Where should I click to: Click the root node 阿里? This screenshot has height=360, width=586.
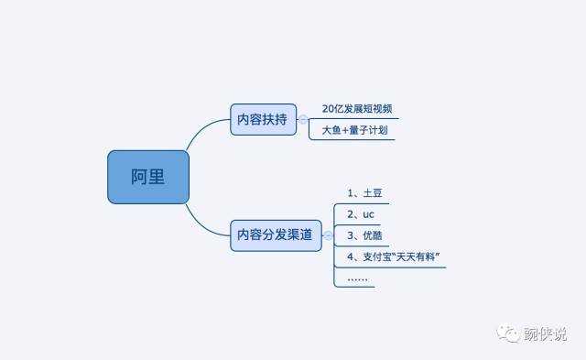click(x=148, y=177)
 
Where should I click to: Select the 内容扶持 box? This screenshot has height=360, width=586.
click(x=263, y=119)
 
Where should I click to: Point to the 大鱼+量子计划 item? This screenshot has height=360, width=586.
click(x=354, y=131)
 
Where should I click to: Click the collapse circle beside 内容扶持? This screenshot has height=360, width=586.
click(x=303, y=120)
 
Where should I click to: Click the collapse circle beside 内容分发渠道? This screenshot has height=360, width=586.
click(x=327, y=235)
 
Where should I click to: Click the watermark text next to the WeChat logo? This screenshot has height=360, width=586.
click(x=545, y=334)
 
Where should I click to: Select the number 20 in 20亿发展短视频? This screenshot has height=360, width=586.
click(x=329, y=109)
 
